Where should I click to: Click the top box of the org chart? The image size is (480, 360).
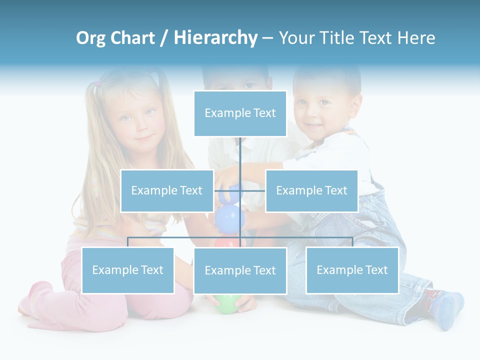[240, 113]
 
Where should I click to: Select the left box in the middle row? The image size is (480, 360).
[167, 190]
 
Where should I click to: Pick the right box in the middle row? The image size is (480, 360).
[311, 190]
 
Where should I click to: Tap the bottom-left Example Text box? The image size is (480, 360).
[127, 270]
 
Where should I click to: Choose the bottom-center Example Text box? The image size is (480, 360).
[240, 270]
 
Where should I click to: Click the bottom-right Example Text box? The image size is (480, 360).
[352, 270]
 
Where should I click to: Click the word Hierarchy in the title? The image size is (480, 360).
[215, 38]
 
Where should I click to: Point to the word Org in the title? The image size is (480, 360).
[90, 38]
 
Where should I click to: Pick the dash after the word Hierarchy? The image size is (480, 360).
[267, 38]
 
